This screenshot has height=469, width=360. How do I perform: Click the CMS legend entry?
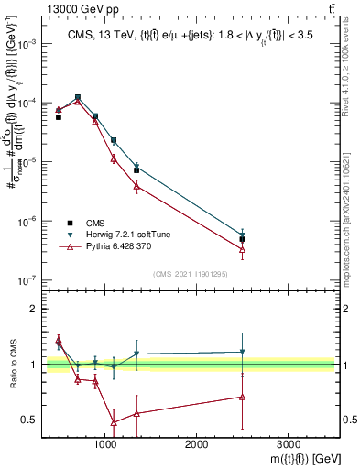95,223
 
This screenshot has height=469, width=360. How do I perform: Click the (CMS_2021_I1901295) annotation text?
190,274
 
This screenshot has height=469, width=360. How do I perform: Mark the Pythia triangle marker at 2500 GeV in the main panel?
242,248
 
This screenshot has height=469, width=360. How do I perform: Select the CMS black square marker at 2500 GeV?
242,239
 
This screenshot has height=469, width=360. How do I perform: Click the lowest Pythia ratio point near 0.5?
114,422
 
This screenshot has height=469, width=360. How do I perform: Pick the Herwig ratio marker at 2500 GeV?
242,352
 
